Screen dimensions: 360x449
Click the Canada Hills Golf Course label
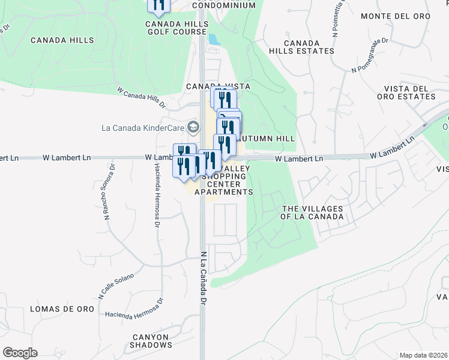pyautogui.click(x=177, y=28)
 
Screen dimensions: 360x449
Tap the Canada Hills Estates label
pyautogui.click(x=309, y=47)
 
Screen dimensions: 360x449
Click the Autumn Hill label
pyautogui.click(x=268, y=139)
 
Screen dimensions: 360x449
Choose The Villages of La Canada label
pyautogui.click(x=313, y=212)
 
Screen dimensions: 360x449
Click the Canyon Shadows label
pyautogui.click(x=151, y=340)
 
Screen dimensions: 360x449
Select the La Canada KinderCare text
pyautogui.click(x=142, y=127)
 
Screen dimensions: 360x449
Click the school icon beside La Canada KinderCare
pyautogui.click(x=193, y=127)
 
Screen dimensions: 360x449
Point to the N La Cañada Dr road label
pyautogui.click(x=203, y=277)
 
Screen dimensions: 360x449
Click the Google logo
pyautogui.click(x=20, y=353)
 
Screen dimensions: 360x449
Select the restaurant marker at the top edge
pyautogui.click(x=158, y=5)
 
